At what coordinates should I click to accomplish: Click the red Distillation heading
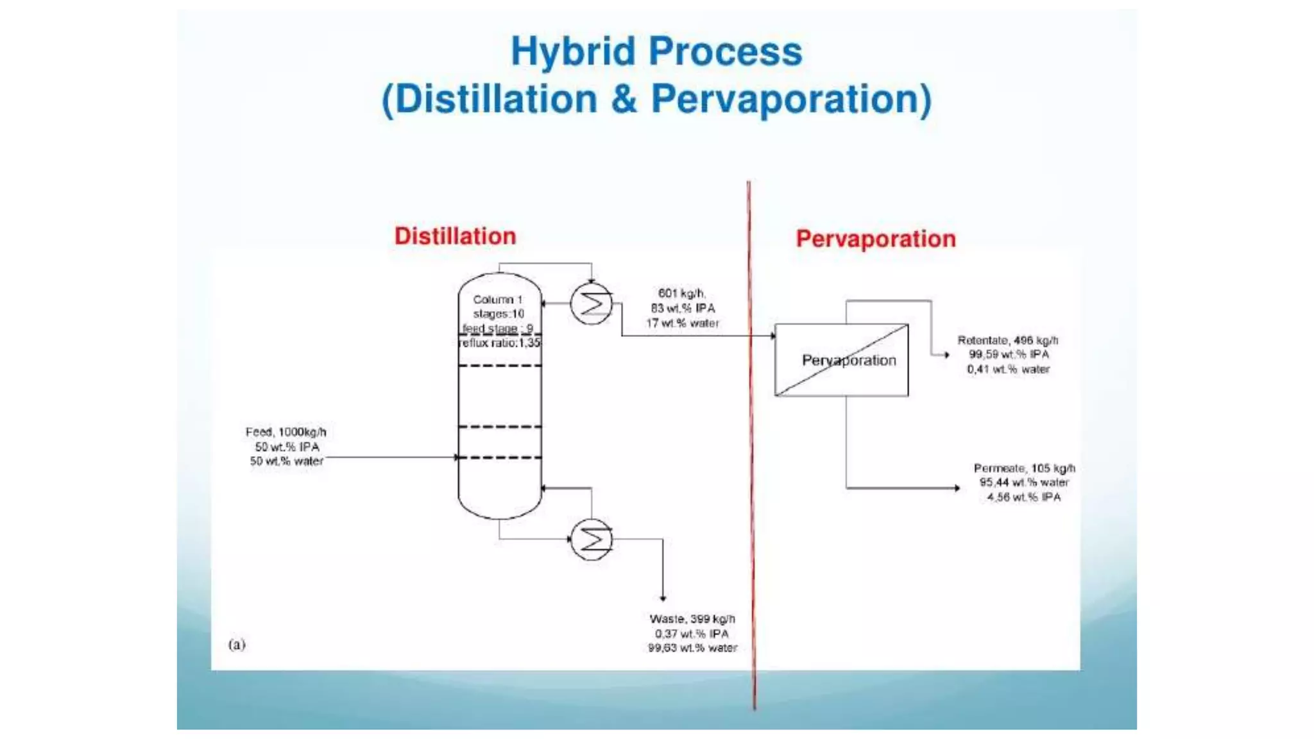point(455,236)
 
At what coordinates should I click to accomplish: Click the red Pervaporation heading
point(876,239)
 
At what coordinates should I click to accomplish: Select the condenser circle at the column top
point(592,303)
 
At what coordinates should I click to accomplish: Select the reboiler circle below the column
point(592,539)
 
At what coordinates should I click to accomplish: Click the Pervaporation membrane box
point(842,360)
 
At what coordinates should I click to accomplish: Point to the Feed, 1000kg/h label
point(286,432)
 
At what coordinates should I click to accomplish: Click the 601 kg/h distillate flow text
point(681,293)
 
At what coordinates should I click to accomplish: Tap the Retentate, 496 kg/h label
point(1007,340)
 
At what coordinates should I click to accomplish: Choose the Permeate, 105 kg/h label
point(1024,468)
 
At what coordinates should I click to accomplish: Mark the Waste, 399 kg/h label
point(692,618)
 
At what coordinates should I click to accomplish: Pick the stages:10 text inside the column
point(499,314)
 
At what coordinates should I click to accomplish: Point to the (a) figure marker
point(237,644)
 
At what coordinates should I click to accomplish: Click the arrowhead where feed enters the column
point(456,457)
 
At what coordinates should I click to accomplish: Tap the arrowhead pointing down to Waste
point(663,598)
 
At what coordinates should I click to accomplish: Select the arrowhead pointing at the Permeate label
point(957,488)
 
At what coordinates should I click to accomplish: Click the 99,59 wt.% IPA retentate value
point(1009,354)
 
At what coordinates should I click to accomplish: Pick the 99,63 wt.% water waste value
point(692,648)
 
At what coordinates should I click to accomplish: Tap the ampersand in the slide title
point(624,99)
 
